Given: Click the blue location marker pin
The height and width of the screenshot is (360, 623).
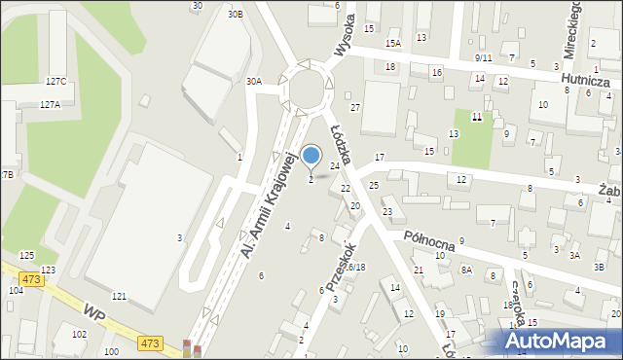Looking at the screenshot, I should pos(311,157).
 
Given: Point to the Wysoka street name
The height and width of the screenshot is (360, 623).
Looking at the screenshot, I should pos(344,36).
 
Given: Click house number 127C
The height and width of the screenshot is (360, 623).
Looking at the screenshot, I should pos(55,82).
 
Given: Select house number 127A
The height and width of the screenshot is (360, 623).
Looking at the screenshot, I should pos(50,103).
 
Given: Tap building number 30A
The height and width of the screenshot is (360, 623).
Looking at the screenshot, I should pos(253,82).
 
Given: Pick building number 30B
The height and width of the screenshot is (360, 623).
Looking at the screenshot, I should pos(235,15).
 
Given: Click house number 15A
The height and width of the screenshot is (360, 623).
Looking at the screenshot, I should pos(392,43).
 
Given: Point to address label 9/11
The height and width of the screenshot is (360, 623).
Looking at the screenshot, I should pos(484,58).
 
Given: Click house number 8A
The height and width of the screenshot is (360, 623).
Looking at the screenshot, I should pos(466,270).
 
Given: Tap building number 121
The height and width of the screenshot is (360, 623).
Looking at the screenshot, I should pos(119,295).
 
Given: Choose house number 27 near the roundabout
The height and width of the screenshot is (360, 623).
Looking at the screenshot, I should pos(355,107).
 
